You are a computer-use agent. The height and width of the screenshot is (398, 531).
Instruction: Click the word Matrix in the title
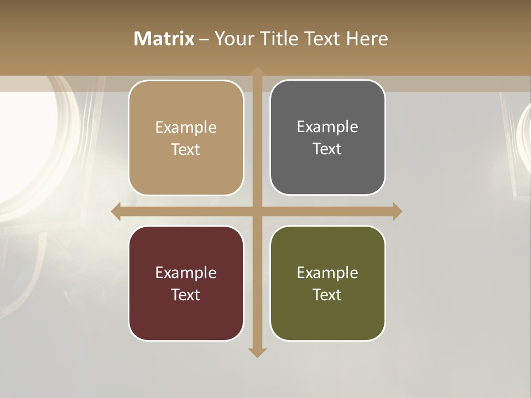(164, 39)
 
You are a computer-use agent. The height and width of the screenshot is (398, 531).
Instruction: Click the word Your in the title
(233, 39)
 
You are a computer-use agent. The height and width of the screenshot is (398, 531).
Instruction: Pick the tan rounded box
(186, 138)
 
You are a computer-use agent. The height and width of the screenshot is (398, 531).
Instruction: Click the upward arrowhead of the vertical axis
(257, 72)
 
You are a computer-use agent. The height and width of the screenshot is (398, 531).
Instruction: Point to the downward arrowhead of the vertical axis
(257, 352)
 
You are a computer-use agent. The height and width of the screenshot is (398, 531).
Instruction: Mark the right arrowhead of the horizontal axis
(397, 211)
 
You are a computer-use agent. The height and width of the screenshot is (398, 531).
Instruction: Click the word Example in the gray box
(327, 127)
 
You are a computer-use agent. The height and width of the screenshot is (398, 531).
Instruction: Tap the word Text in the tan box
(186, 150)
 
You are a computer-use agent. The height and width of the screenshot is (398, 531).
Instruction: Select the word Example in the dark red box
(186, 273)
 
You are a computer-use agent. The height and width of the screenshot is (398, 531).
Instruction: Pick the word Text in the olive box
(327, 295)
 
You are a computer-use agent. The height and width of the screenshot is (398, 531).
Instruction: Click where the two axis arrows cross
(257, 211)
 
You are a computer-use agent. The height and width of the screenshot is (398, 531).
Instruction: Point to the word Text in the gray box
(327, 149)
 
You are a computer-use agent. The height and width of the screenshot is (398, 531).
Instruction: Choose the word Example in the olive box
(327, 273)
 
